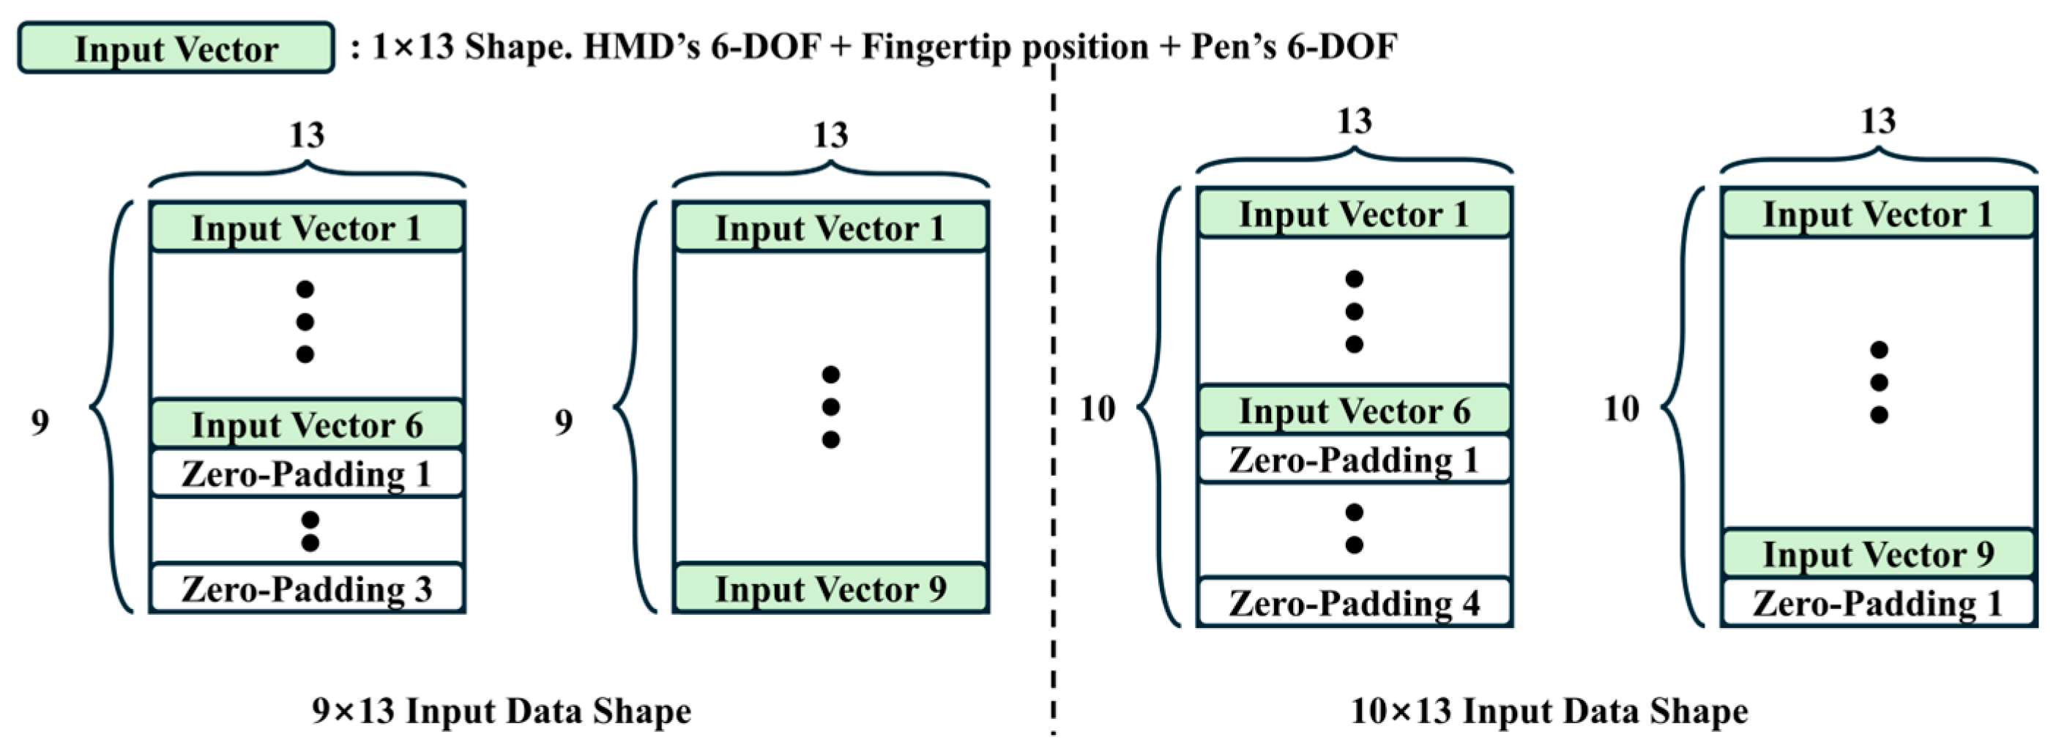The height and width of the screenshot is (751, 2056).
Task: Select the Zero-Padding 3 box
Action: (x=308, y=589)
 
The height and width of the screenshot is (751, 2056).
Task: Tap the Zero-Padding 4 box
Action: (x=1355, y=602)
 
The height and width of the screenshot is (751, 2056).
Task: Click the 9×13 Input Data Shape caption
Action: (x=502, y=710)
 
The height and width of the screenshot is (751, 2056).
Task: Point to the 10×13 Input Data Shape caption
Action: (x=1549, y=710)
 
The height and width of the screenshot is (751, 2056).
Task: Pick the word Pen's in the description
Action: (x=1234, y=47)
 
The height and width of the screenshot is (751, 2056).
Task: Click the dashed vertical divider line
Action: (x=1054, y=399)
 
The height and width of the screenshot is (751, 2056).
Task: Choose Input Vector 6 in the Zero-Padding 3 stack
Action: (x=308, y=424)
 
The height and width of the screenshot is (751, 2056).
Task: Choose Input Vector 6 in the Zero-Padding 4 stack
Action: (x=1355, y=410)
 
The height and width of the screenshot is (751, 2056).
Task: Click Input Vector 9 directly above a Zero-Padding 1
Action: (x=1878, y=554)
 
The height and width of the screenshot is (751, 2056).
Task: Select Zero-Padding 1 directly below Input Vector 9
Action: (x=1878, y=602)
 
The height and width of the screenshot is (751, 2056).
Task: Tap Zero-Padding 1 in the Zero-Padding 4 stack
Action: (x=1355, y=460)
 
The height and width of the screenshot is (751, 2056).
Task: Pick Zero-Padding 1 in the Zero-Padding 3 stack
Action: (x=308, y=474)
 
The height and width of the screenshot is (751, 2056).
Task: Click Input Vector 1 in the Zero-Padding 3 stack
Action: (x=308, y=228)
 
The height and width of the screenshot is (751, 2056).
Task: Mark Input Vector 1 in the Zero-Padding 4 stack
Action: (x=1355, y=214)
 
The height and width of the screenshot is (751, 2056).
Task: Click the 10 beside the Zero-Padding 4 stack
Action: (x=1097, y=408)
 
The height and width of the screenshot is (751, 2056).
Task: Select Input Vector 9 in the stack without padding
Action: (x=831, y=589)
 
